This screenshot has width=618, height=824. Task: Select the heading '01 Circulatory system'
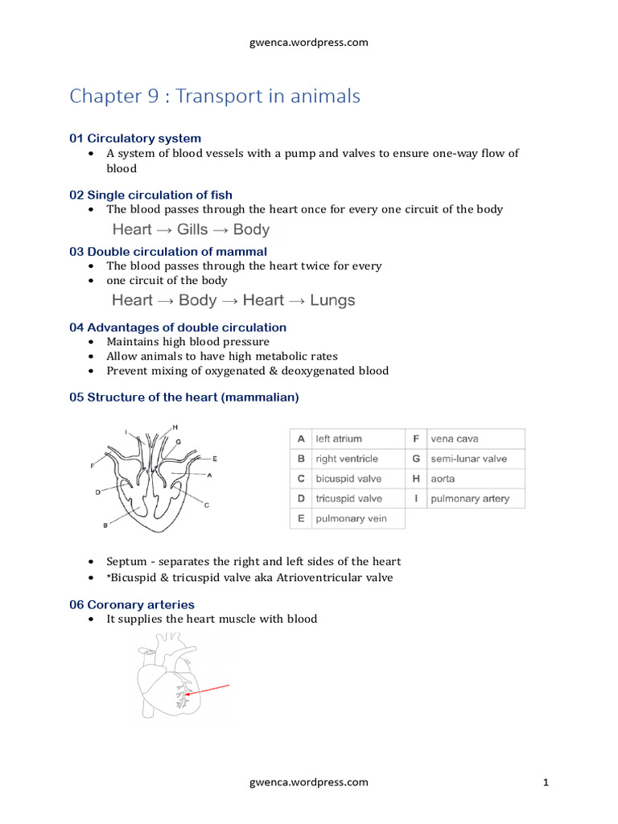click(x=135, y=138)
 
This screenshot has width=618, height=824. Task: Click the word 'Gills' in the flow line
click(x=192, y=229)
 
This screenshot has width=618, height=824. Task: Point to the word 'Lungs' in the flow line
click(x=332, y=300)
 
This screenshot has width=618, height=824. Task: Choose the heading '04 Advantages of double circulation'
click(x=178, y=328)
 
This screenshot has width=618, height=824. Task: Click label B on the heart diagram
click(x=105, y=525)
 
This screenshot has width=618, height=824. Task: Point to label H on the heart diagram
click(x=175, y=426)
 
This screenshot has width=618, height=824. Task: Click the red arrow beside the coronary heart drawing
click(x=208, y=690)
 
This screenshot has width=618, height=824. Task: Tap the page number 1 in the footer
click(x=546, y=782)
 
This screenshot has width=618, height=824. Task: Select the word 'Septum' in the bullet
click(x=126, y=562)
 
